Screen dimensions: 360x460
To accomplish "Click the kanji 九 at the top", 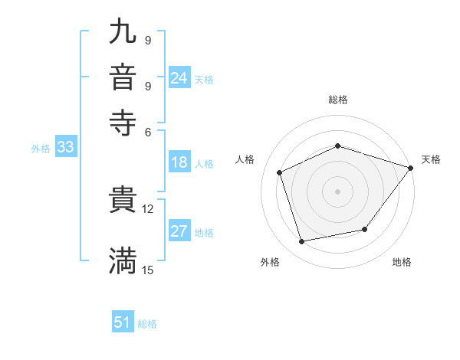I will coord(123,33).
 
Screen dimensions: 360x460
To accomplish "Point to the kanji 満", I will coord(123,260).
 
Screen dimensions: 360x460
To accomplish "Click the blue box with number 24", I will coord(179,78).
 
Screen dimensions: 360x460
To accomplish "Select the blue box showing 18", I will coord(179,162).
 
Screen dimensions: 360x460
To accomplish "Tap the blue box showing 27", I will coord(179,231).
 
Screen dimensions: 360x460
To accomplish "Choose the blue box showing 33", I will coord(64,148).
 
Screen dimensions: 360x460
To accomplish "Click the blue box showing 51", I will coord(123,322).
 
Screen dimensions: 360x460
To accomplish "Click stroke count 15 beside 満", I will coord(147,270).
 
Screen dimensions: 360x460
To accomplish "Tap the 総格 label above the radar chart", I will coord(337,100).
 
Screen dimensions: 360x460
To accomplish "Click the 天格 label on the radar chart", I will coord(431,159).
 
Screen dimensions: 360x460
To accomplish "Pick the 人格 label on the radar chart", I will coord(245,159).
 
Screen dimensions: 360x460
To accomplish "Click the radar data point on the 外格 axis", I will coord(303,242).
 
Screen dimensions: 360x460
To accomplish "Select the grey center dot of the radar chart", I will coord(337,191).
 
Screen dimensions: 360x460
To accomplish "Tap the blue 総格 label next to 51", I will coord(147,324).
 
